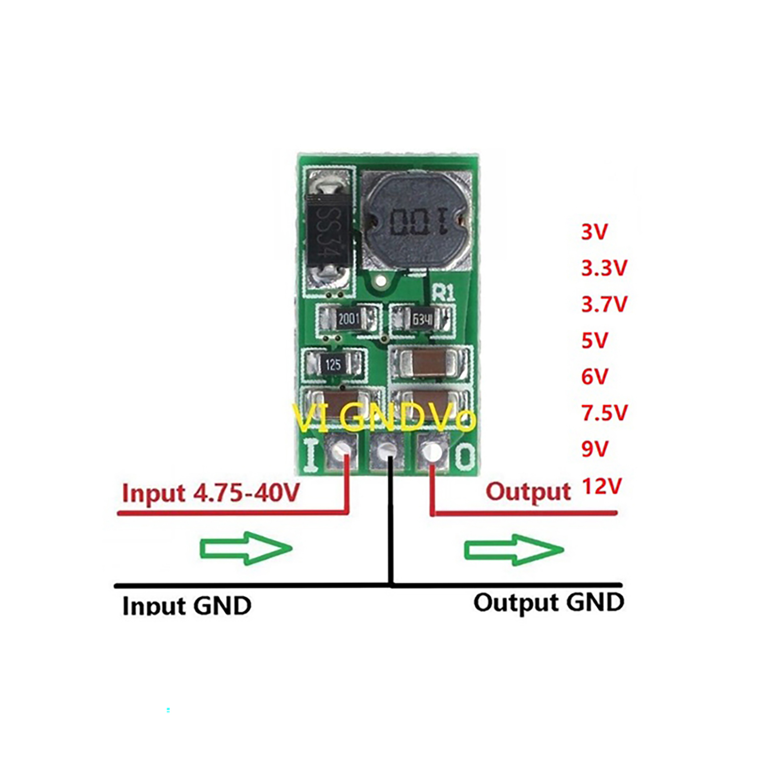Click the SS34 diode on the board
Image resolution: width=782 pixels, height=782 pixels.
(x=328, y=232)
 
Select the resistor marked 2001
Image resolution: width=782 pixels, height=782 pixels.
(x=348, y=320)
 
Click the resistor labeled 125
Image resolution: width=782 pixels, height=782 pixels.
(x=333, y=365)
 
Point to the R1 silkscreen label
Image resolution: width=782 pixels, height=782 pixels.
(x=443, y=293)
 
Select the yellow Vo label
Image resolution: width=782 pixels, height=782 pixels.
(x=455, y=418)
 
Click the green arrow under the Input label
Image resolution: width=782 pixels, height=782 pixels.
(x=246, y=548)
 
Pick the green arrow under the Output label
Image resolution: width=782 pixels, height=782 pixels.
(x=513, y=549)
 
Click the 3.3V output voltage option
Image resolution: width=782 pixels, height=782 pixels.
(x=604, y=268)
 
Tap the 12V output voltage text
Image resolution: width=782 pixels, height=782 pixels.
(x=601, y=486)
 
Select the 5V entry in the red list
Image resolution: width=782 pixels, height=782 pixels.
(x=594, y=340)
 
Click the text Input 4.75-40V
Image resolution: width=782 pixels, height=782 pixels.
(x=211, y=492)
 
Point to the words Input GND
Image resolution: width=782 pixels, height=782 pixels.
(x=187, y=605)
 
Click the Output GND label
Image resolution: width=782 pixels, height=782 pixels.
(x=548, y=602)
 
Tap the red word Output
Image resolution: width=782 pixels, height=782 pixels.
(x=528, y=491)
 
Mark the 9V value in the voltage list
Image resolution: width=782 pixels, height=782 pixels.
(x=594, y=449)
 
